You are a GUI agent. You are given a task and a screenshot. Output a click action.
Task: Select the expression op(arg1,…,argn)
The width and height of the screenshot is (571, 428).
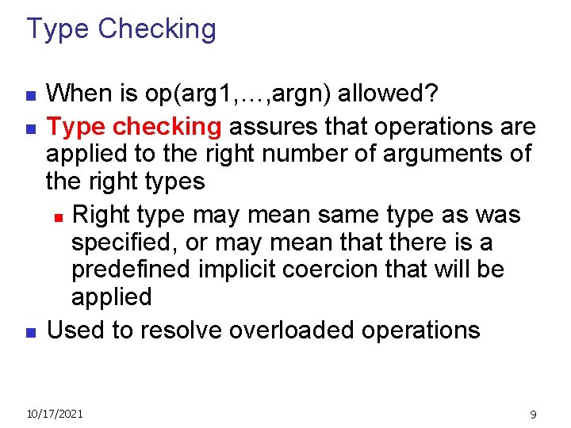pyautogui.click(x=239, y=94)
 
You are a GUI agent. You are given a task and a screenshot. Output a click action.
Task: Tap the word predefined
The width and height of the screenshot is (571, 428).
pyautogui.click(x=131, y=269)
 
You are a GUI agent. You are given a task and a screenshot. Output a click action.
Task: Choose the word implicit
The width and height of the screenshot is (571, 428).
pyautogui.click(x=236, y=269)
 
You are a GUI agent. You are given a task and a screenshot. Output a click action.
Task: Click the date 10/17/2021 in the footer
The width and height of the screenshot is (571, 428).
pyautogui.click(x=55, y=413)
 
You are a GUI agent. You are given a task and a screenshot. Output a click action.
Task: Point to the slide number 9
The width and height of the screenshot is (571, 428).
pyautogui.click(x=533, y=414)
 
